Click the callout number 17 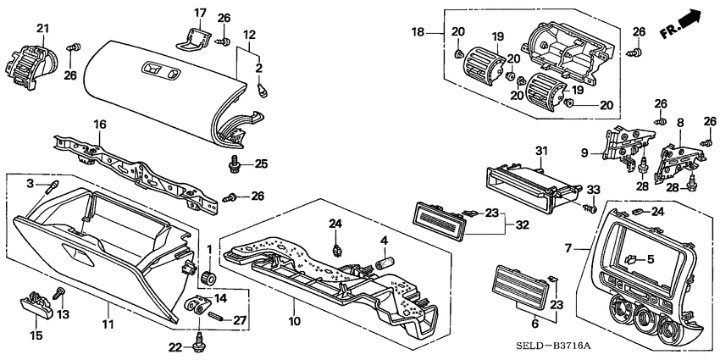pyautogui.click(x=200, y=13)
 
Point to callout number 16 pyautogui.click(x=99, y=125)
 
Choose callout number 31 pyautogui.click(x=541, y=152)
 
